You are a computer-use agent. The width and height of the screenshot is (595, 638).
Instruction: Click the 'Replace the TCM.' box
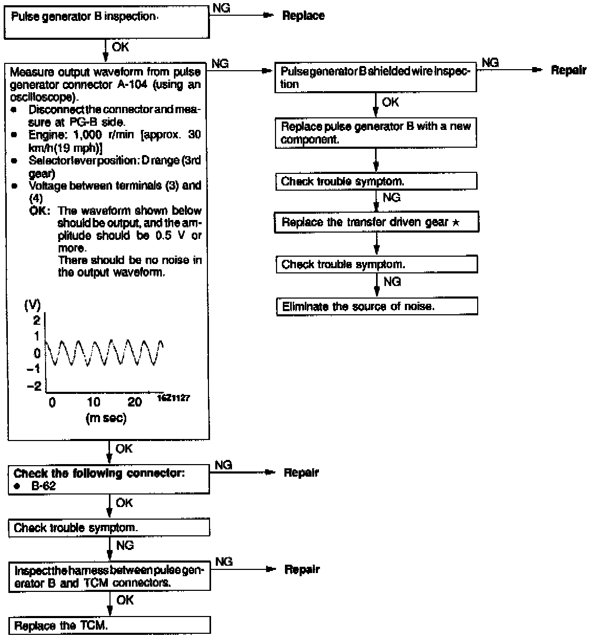click(x=109, y=625)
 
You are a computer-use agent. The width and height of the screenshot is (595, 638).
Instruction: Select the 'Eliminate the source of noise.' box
click(x=377, y=306)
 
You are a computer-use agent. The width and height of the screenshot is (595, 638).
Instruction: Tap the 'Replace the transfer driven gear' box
click(x=377, y=223)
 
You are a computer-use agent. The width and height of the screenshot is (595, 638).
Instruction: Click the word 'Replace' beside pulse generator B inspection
click(x=303, y=16)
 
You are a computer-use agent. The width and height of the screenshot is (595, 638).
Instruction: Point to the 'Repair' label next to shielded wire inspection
click(x=568, y=70)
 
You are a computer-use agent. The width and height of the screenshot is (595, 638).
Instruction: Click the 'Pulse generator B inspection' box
click(x=106, y=23)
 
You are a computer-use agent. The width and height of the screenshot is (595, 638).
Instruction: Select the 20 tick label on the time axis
click(x=135, y=402)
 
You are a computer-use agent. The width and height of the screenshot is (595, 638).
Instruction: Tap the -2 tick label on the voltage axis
click(x=34, y=386)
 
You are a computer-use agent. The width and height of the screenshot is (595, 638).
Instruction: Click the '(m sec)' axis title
click(x=105, y=419)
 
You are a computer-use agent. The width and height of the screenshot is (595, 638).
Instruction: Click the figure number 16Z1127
click(x=173, y=399)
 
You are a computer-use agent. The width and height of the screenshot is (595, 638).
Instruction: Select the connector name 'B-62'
click(x=43, y=486)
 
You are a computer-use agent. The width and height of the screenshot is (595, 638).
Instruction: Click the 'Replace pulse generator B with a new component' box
click(x=376, y=133)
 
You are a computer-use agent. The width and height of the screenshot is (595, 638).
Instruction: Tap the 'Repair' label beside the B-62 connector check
click(x=301, y=472)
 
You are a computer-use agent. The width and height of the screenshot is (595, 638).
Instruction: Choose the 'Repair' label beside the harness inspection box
click(x=302, y=569)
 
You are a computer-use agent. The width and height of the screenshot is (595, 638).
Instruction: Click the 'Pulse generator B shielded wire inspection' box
click(x=376, y=78)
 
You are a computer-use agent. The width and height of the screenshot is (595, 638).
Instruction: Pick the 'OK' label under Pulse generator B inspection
click(x=120, y=47)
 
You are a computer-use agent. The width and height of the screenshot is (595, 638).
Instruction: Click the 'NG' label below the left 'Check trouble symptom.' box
click(x=125, y=545)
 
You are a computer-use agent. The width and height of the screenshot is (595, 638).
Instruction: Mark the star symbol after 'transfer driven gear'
click(x=456, y=223)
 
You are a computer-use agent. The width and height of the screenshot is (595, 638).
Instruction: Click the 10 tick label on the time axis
click(x=94, y=402)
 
